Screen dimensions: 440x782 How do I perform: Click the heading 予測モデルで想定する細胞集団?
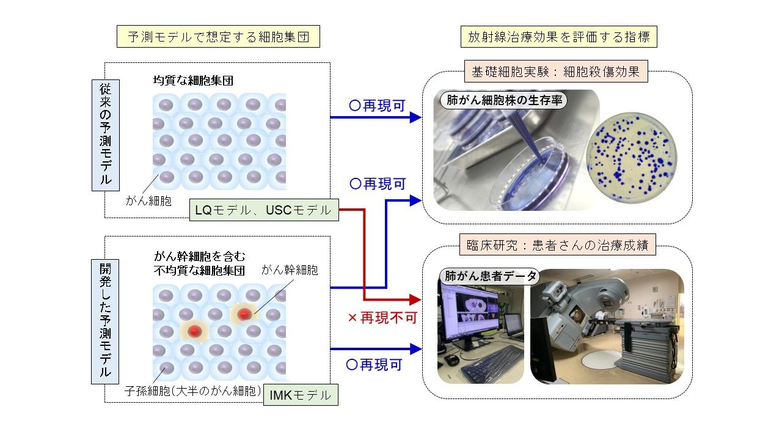pos(219,38)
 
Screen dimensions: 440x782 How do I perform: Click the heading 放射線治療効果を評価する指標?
pos(558,38)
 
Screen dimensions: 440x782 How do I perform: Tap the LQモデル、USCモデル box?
pos(263,211)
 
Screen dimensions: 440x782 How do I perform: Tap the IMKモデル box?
pos(300,395)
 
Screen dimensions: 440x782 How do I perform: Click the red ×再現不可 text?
pos(382,318)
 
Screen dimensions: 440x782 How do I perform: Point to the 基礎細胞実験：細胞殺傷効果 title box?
pos(555,71)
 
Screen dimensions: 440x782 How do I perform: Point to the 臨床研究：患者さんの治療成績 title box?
pos(557,247)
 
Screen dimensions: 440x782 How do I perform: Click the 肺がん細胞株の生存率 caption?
pos(502,101)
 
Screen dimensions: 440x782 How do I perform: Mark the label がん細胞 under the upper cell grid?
pos(148,200)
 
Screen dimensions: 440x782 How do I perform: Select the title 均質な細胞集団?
pos(193,80)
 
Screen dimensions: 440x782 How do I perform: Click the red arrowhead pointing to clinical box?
pos(415,300)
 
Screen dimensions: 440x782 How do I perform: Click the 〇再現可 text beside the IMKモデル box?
pos(375,365)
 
